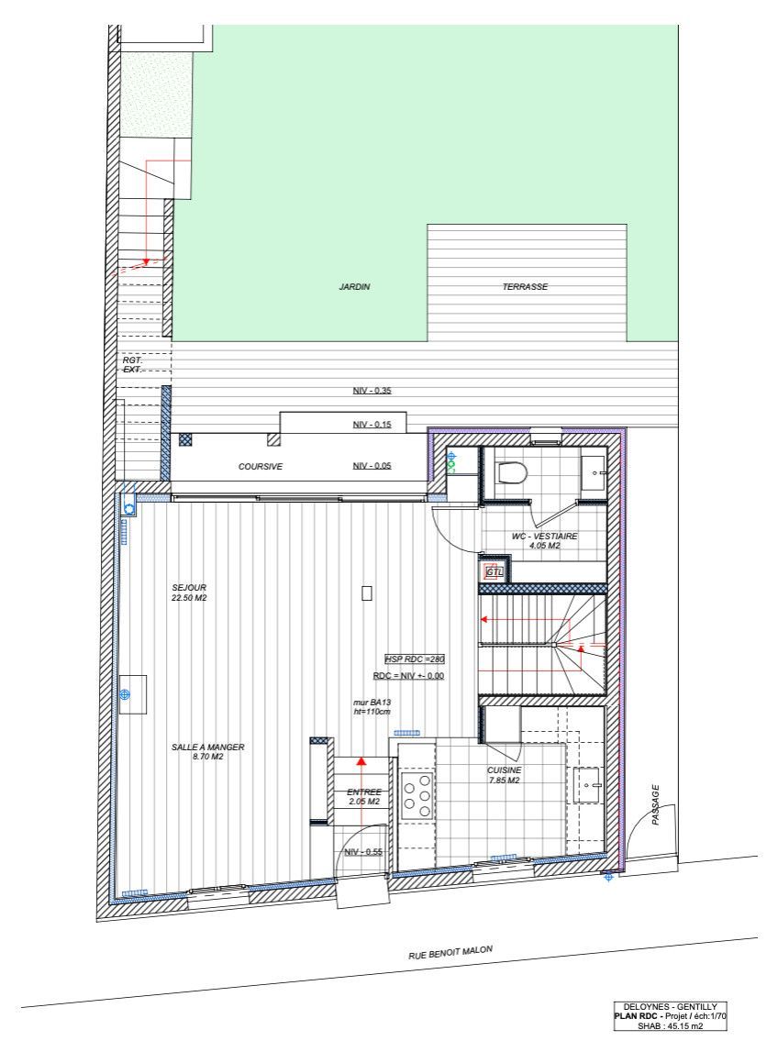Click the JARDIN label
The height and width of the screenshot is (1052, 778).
click(354, 287)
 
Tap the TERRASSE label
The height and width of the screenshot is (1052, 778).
click(525, 287)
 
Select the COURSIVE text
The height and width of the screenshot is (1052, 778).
click(261, 467)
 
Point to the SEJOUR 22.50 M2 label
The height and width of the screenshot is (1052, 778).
click(188, 592)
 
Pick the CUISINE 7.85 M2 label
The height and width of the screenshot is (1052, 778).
click(504, 775)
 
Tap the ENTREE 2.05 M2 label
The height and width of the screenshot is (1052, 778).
click(364, 796)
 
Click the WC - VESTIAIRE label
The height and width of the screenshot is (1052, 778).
click(544, 540)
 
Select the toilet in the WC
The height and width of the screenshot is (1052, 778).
click(510, 472)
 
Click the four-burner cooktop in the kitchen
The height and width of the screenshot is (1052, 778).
click(417, 795)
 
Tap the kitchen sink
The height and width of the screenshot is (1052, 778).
click(587, 785)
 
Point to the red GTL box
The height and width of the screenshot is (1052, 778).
click(495, 571)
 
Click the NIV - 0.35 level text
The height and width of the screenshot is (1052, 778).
click(372, 392)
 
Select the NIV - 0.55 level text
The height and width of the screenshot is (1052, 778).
click(363, 852)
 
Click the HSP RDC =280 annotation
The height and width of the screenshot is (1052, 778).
click(414, 659)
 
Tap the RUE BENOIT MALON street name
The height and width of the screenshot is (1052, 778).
click(450, 953)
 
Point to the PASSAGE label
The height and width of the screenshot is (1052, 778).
click(656, 804)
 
